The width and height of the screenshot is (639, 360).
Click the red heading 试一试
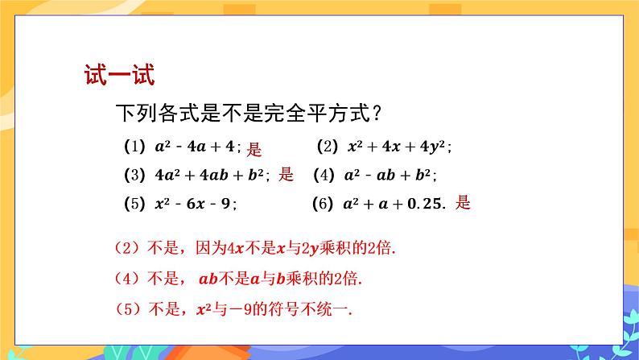[119, 75]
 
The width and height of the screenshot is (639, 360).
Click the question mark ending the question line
[377, 113]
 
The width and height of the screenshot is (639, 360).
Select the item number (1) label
[134, 147]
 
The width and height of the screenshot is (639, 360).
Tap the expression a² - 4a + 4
[195, 147]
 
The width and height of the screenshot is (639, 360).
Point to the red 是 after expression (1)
[254, 149]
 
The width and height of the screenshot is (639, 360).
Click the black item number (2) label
[328, 147]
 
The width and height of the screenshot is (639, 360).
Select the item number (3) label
[134, 175]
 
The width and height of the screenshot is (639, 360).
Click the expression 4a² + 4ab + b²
[209, 175]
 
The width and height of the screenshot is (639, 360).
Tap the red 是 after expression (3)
[286, 174]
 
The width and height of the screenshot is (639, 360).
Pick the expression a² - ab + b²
[387, 175]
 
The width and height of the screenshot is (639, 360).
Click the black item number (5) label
[134, 204]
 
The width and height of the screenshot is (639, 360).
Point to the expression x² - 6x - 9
[193, 204]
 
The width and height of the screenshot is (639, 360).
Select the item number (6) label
[323, 204]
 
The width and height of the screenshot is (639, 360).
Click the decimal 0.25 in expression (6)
[424, 204]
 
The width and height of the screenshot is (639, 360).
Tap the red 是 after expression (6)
[463, 203]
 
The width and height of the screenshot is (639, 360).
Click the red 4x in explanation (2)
[235, 248]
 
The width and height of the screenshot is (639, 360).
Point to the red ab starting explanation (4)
[208, 279]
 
